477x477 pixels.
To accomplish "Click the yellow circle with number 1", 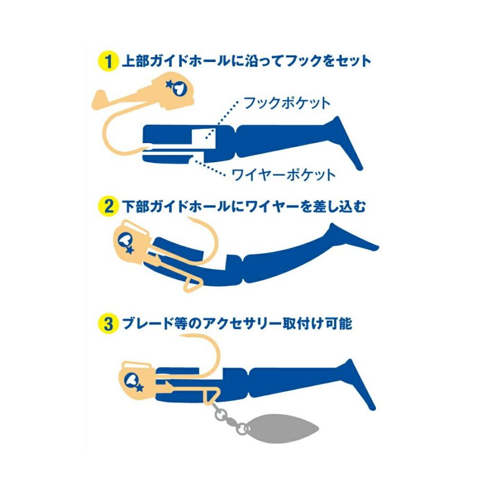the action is point(108,61).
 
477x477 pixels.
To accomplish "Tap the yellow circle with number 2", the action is point(108,207).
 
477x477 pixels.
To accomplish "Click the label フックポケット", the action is point(287,103).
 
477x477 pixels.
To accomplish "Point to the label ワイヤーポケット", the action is point(284,174).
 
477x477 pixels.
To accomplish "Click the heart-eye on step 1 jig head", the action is point(178,89).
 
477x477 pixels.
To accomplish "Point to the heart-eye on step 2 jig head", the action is point(125,241).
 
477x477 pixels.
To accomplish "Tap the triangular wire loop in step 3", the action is point(212,396).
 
